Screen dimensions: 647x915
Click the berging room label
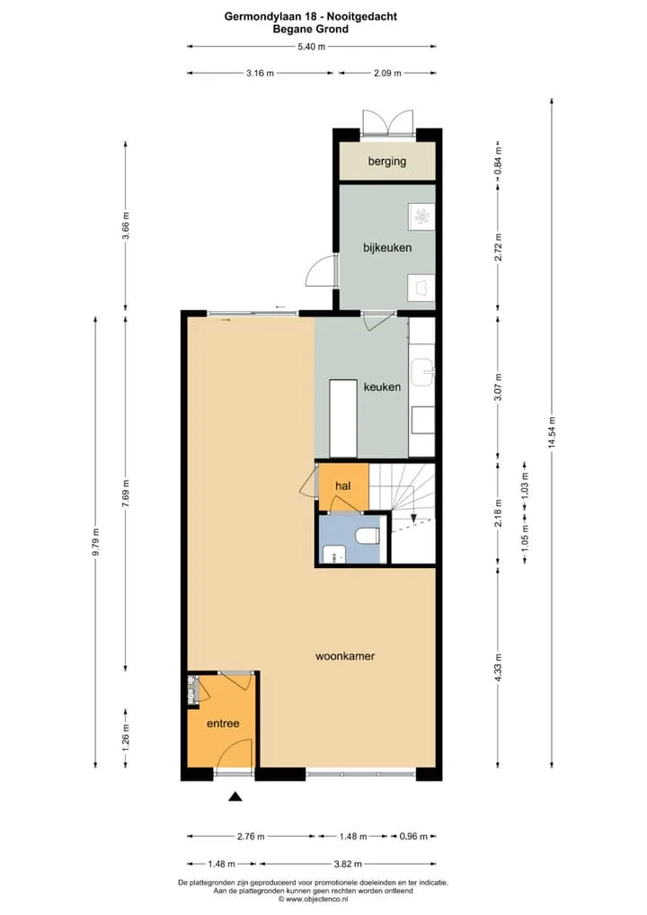pos(386,161)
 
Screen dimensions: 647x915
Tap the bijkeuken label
pos(386,247)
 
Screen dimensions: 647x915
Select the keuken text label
pos(382,386)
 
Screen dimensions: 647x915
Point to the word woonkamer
pos(345,656)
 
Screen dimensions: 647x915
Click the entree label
pos(223,724)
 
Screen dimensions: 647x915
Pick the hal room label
pos(343,485)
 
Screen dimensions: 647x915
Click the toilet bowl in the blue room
pos(368,536)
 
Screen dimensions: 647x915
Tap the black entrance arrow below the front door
pos(235,796)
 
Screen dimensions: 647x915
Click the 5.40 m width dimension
pos(312,47)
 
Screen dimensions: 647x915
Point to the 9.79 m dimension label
pos(95,542)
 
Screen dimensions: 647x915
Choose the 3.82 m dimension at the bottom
pos(348,864)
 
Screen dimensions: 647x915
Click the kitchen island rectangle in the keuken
pos(342,419)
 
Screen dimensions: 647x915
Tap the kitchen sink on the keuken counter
pos(422,372)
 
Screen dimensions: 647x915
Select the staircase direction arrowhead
pos(413,517)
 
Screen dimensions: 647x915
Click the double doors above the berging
pos(387,124)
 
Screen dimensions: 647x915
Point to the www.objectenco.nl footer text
pos(314,899)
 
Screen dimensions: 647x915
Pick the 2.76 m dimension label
pos(251,836)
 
